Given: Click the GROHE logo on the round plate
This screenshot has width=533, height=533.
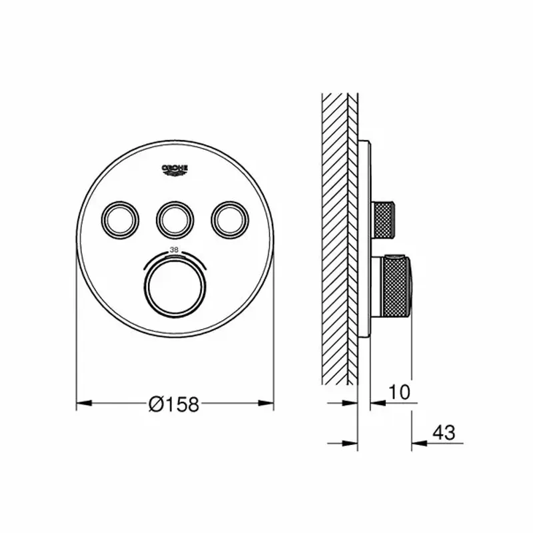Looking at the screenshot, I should coord(175,171).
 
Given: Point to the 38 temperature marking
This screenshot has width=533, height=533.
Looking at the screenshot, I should coord(175,250).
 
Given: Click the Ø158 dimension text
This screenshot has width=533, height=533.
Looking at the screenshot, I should coord(174,404).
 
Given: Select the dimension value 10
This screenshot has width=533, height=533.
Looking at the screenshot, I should coord(400,392).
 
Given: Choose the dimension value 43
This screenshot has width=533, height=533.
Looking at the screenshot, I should coord(444,433).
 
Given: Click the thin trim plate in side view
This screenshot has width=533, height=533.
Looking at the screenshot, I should coord(366,240).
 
